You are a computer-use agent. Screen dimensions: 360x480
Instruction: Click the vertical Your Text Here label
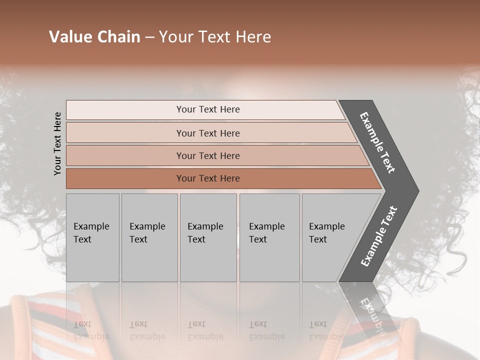coord(57,144)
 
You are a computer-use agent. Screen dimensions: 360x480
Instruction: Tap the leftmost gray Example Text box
coord(92,237)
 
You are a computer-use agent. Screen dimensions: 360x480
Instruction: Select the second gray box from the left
coord(149,237)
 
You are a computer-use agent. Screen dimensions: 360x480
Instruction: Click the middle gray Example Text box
coord(208,237)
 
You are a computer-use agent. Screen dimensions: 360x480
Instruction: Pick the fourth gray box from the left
coord(269,237)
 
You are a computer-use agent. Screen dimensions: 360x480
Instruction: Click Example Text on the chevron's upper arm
coord(378,143)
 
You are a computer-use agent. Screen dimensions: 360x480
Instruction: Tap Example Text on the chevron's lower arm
coord(379,236)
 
